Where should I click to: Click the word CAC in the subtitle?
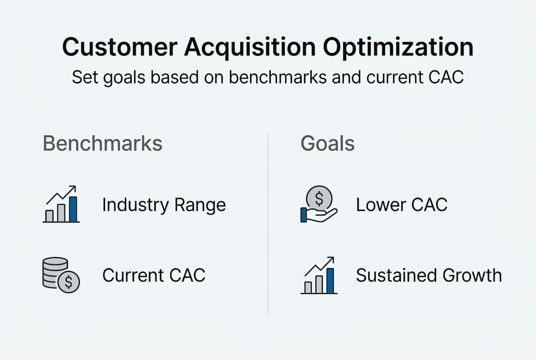[x=444, y=78]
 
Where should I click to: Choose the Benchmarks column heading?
[x=102, y=143]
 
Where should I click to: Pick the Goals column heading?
[x=327, y=143]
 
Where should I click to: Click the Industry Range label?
[x=164, y=205]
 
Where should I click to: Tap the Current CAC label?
[x=154, y=275]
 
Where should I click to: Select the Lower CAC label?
[x=402, y=205]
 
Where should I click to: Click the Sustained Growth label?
[x=429, y=275]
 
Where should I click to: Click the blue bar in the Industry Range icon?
[x=73, y=209]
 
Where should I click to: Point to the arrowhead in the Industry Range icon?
[x=73, y=188]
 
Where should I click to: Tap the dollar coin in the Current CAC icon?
[x=68, y=282]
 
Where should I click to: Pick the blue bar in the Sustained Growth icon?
[x=331, y=280]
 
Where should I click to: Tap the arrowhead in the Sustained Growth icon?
[x=331, y=260]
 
